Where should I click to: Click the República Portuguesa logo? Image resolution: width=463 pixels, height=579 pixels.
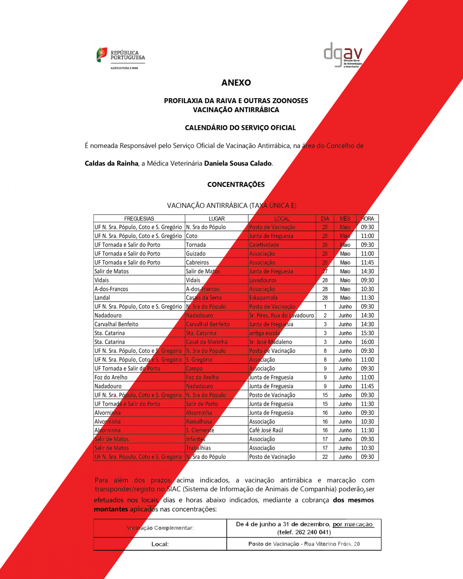(121, 58)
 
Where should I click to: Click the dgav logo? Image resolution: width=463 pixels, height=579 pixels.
(343, 55)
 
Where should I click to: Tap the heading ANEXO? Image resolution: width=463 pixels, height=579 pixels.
(236, 83)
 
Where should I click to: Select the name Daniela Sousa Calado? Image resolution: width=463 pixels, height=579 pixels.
(238, 163)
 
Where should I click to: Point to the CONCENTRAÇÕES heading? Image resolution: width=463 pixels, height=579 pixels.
(236, 185)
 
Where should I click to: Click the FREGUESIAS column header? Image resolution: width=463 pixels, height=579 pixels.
(139, 218)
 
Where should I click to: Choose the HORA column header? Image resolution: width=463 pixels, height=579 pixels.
(367, 218)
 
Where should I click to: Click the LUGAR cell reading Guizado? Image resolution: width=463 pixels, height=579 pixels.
(196, 254)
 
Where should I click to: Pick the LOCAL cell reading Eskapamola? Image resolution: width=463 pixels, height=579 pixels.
(263, 298)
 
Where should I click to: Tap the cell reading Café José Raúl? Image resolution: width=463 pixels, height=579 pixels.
(266, 430)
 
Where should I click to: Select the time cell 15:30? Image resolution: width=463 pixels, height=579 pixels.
(367, 333)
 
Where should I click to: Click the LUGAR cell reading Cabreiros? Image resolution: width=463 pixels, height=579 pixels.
(198, 262)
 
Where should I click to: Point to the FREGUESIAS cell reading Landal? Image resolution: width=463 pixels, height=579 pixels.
(102, 298)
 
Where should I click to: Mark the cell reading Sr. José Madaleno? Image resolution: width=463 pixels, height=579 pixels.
(270, 342)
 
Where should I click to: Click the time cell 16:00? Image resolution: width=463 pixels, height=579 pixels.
(367, 342)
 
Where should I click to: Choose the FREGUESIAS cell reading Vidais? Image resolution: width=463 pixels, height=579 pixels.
(102, 280)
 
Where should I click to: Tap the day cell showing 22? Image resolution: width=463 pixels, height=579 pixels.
(325, 457)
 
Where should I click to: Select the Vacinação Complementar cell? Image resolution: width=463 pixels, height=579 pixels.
(160, 528)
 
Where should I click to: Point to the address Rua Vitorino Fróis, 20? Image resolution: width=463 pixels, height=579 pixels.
(332, 544)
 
